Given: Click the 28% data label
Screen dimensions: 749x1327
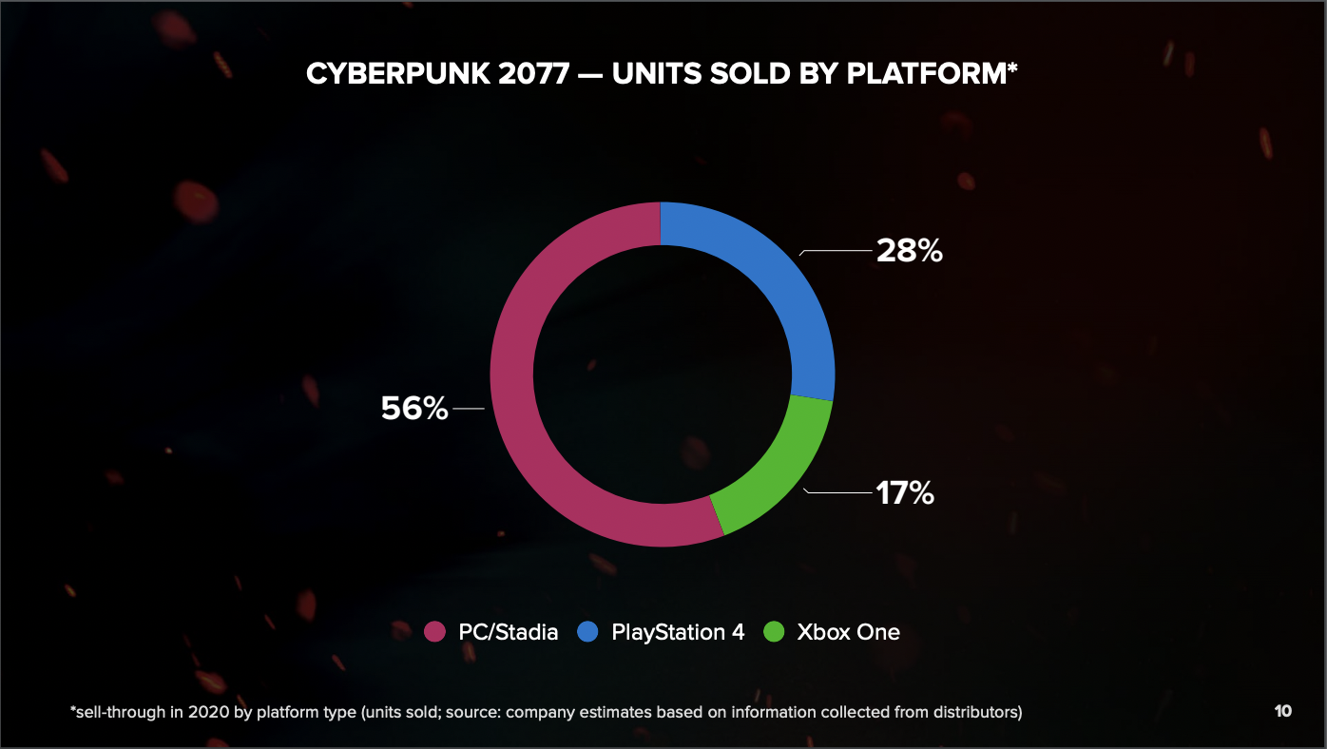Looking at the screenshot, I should (909, 251).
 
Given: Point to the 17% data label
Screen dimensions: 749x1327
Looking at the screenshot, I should (904, 493).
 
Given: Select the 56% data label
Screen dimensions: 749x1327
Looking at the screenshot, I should (414, 409).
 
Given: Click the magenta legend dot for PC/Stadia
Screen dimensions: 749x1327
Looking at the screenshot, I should (434, 632).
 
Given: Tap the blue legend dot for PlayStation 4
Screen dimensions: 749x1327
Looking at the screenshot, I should (588, 632).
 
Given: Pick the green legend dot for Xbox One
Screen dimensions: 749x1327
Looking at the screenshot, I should (775, 632).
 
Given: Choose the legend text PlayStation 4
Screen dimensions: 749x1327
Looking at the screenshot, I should (678, 632).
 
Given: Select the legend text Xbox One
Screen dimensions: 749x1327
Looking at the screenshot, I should (848, 632).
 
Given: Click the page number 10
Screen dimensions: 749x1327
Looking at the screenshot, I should (1282, 711).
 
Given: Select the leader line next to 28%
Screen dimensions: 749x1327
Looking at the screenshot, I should (837, 252).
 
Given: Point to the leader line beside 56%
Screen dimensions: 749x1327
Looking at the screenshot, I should (469, 409).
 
